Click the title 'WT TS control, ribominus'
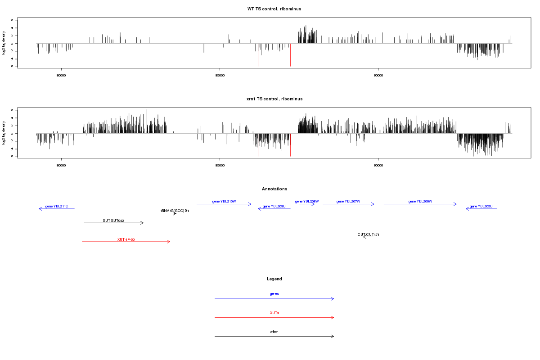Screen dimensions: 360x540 coord(274,9)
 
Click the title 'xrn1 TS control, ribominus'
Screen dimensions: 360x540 coord(274,99)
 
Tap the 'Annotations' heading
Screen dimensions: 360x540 coord(274,189)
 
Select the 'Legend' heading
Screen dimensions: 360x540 coord(274,279)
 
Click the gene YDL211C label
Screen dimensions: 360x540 coord(57,206)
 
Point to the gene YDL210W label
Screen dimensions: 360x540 coord(224,201)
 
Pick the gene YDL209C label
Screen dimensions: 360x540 coord(274,206)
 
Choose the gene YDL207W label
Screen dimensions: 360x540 coord(348,201)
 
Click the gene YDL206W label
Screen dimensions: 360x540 coord(420,201)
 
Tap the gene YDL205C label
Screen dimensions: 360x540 coord(481,206)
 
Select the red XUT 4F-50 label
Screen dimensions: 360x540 coord(126,239)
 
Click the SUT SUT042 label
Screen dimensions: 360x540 coord(113,220)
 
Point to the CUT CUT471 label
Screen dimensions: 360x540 coord(369,234)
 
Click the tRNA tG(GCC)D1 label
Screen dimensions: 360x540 coord(175,211)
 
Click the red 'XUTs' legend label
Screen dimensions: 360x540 coord(274,313)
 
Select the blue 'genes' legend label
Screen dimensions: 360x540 coord(274,294)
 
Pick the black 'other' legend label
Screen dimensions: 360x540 coord(274,332)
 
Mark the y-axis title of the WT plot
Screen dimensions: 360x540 coord(4,43)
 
